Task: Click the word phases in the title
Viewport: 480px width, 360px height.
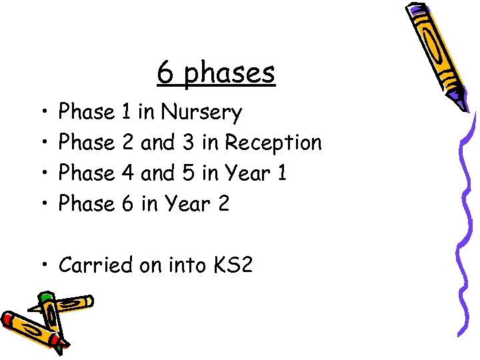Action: (x=229, y=73)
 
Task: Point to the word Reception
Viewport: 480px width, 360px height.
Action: (x=273, y=143)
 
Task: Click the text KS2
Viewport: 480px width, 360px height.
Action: (x=233, y=265)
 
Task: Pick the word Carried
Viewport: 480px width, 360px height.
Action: (x=96, y=265)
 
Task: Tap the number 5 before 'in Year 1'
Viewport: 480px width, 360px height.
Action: (x=188, y=173)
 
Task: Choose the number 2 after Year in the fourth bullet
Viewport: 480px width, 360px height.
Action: (x=223, y=204)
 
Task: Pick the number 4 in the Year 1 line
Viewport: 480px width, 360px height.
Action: (x=128, y=173)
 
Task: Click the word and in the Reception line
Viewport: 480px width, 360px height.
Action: (x=158, y=143)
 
